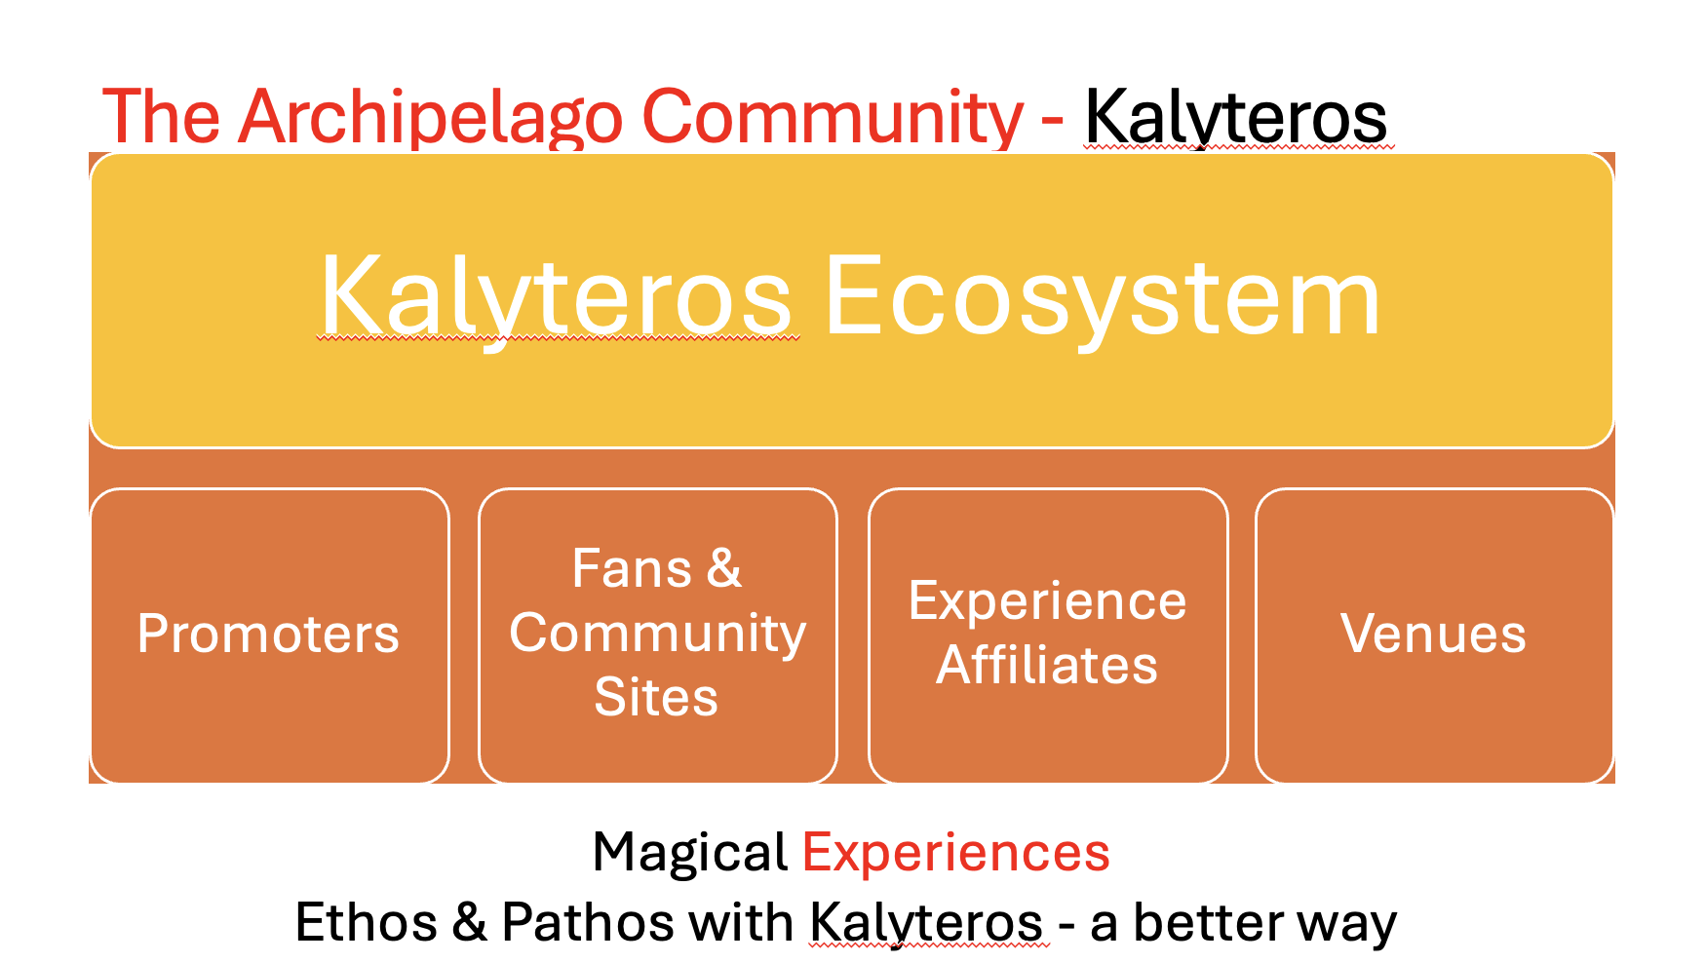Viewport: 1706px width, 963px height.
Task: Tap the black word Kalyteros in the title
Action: pos(1235,118)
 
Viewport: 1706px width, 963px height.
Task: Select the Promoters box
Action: pos(269,636)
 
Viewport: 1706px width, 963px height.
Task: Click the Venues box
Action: pos(1433,636)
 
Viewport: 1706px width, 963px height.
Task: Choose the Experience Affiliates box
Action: pos(1047,636)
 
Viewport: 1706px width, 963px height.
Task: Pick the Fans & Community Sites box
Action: pos(657,636)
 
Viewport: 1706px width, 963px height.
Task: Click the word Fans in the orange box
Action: pos(631,568)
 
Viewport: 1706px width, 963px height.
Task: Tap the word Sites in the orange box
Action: pos(656,697)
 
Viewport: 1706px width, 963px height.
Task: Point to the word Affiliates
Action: pos(1047,666)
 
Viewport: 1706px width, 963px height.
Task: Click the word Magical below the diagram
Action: pos(689,853)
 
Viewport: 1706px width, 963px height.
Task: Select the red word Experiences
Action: pos(955,853)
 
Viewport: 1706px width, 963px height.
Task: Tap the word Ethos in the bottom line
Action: pos(366,922)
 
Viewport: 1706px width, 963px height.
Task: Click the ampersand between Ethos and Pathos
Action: pos(469,922)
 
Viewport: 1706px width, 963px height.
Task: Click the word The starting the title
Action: pos(161,118)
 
